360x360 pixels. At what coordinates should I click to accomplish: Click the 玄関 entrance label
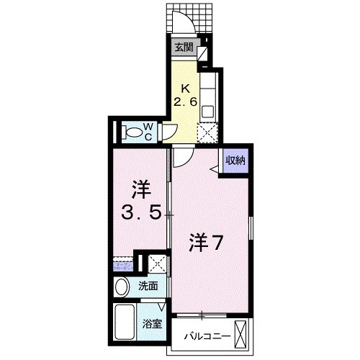click(184, 48)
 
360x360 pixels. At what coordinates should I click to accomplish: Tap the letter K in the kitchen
click(184, 89)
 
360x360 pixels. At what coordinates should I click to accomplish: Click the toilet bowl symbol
click(131, 132)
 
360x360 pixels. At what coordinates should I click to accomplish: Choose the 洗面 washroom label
click(148, 286)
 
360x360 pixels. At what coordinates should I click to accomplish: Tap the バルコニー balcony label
click(206, 336)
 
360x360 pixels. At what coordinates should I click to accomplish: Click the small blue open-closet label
click(122, 268)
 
